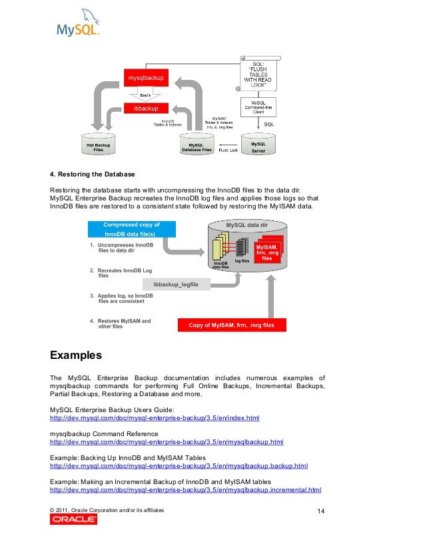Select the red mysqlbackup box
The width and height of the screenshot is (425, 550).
[x=146, y=80]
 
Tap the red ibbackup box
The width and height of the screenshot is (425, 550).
[x=146, y=108]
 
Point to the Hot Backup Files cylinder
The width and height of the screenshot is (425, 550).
[x=98, y=147]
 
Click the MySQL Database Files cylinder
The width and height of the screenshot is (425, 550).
[x=197, y=147]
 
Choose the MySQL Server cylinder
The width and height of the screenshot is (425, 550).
[x=258, y=147]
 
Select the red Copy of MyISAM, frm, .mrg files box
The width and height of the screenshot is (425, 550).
[x=231, y=326]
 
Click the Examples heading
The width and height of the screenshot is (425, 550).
[x=76, y=353]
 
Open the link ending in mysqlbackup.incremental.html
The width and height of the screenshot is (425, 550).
[x=186, y=489]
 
